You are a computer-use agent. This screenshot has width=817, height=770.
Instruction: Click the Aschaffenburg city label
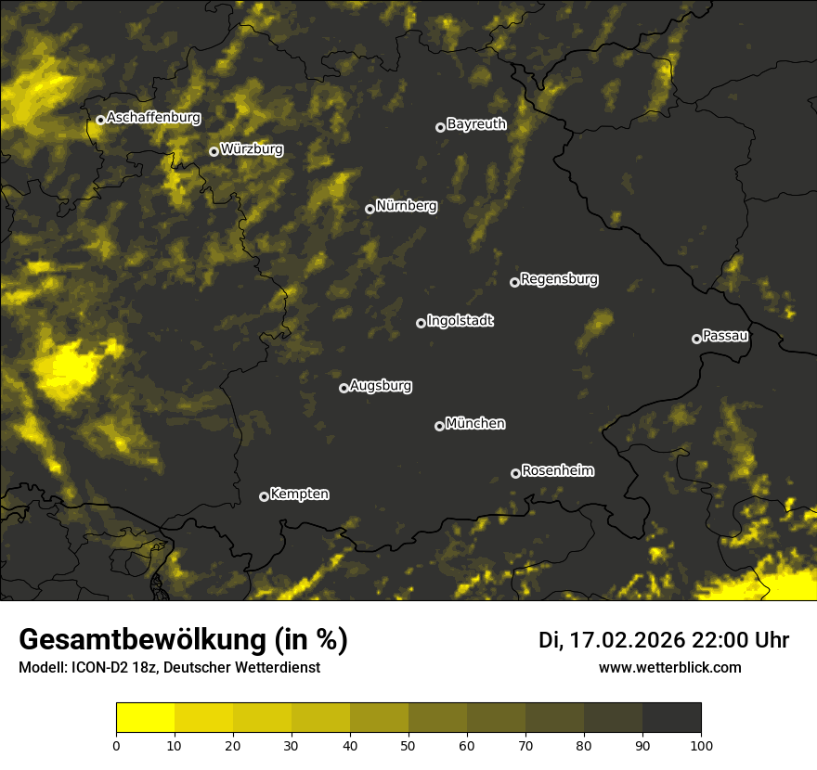point(153,118)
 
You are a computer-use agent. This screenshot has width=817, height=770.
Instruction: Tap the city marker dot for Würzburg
point(214,151)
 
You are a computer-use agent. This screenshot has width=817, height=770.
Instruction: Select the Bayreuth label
point(476,124)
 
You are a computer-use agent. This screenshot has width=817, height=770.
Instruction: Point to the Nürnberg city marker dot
point(370,209)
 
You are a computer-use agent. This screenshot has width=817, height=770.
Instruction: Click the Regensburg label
point(559,279)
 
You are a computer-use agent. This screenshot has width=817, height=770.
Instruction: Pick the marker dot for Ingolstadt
point(421,323)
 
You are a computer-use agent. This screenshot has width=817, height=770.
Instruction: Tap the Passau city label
point(725,336)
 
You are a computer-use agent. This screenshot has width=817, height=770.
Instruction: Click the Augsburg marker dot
point(344,388)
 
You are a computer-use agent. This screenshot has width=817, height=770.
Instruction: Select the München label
point(475,424)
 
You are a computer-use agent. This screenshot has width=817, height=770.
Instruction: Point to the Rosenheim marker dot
point(516,474)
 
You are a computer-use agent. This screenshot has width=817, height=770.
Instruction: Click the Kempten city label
point(299,494)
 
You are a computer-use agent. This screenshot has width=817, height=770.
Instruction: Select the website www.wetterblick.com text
point(669,668)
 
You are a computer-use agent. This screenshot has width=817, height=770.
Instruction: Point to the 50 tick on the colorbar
point(408,745)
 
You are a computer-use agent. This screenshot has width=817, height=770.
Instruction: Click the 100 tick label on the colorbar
point(700,745)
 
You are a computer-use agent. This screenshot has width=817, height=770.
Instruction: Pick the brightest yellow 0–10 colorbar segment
point(145,718)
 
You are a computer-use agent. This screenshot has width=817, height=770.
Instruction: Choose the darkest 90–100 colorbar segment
point(671,718)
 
